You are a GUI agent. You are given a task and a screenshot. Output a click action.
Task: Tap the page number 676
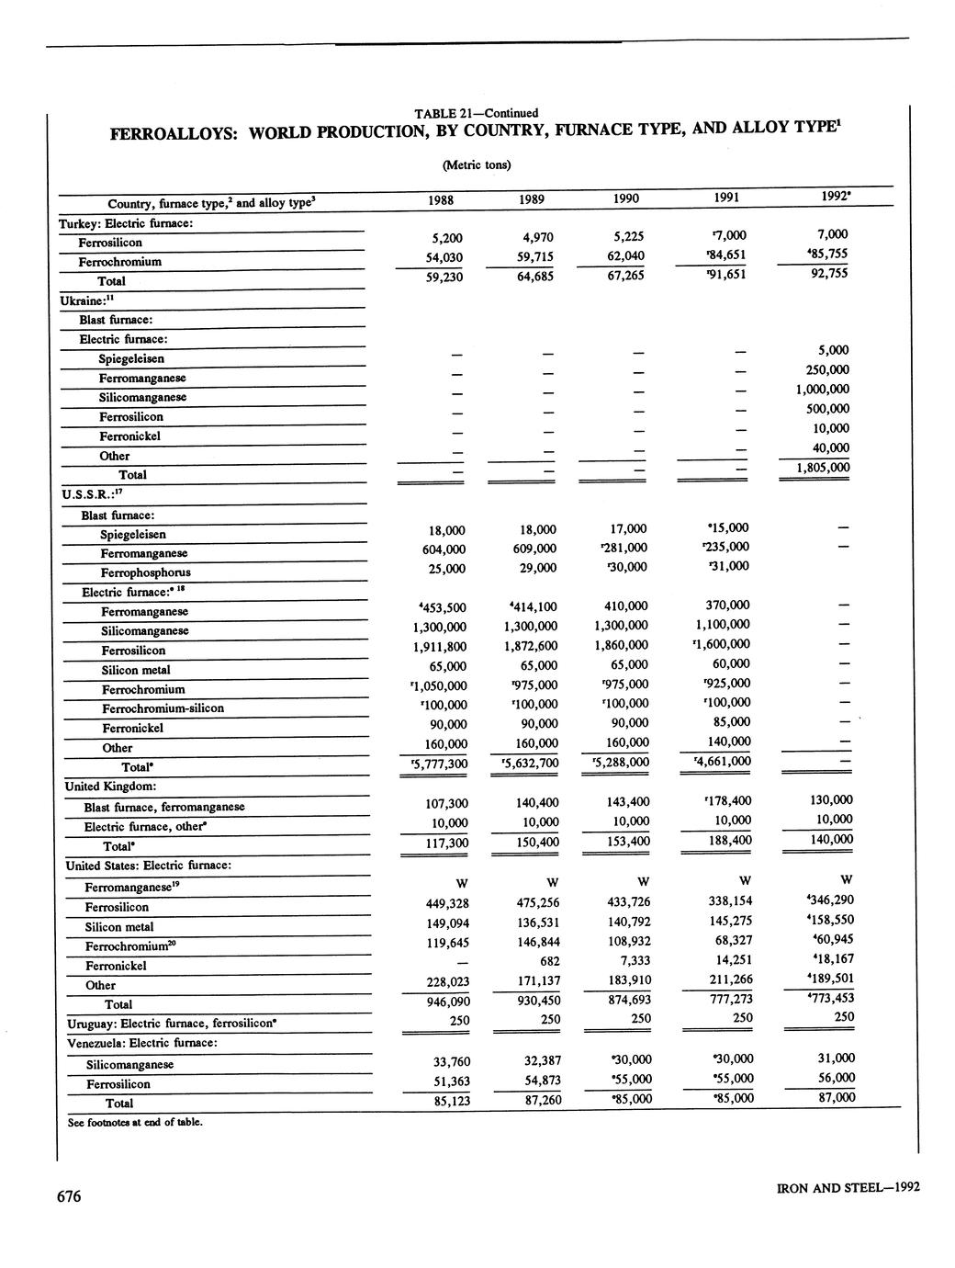tap(69, 1195)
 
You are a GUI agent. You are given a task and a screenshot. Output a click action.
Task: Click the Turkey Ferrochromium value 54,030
tap(442, 257)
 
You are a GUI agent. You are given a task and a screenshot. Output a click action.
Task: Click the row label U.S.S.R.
tap(85, 494)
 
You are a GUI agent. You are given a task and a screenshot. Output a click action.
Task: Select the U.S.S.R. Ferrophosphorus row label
tap(145, 572)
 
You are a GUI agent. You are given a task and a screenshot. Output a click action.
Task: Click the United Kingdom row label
tap(110, 787)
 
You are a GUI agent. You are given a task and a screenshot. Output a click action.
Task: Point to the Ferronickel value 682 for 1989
tap(548, 961)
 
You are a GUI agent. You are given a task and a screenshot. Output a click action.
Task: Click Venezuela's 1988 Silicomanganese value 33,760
tap(451, 1062)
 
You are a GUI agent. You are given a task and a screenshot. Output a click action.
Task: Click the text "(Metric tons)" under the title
tap(476, 165)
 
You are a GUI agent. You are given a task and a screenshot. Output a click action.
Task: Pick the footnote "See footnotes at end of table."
tap(134, 1122)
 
